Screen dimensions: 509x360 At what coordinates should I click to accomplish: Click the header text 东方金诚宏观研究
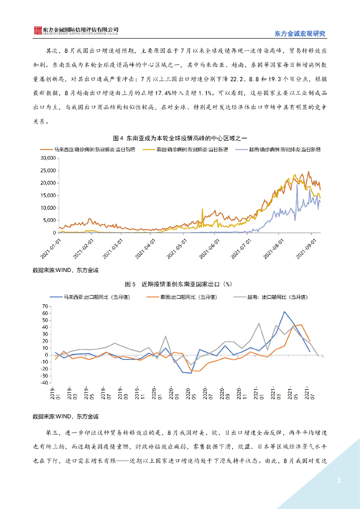[x=300, y=34]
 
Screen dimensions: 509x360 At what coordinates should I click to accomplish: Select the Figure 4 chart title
[x=180, y=138]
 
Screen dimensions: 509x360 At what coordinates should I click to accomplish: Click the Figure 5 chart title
[x=180, y=284]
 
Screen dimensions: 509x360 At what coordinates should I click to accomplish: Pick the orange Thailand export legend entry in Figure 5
[x=182, y=297]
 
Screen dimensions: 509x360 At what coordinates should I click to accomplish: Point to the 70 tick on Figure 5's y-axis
[x=45, y=306]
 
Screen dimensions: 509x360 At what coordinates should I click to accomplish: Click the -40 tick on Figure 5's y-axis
[x=44, y=383]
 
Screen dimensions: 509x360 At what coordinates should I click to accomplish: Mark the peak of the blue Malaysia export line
[x=284, y=312]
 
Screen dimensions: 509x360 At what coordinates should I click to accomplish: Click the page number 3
[x=339, y=480]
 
